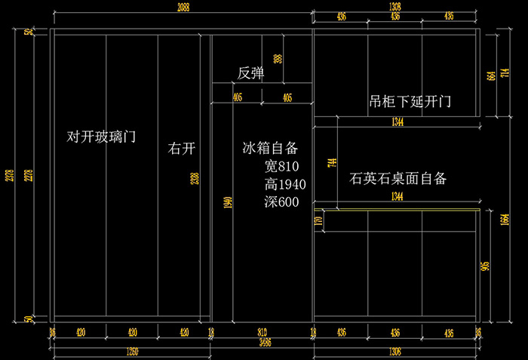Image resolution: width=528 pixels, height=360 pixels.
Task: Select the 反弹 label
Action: [x=250, y=73]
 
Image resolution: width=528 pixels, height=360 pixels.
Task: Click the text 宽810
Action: [x=282, y=166]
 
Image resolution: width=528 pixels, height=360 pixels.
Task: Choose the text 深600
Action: [x=281, y=202]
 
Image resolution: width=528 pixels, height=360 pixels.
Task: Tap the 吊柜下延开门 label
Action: [x=410, y=101]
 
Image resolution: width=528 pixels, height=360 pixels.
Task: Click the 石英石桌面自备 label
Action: [x=398, y=179]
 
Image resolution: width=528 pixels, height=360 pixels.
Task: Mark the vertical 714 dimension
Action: [x=331, y=163]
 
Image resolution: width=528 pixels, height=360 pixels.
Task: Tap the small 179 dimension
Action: [x=318, y=222]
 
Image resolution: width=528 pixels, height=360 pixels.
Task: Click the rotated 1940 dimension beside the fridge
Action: [x=226, y=202]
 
